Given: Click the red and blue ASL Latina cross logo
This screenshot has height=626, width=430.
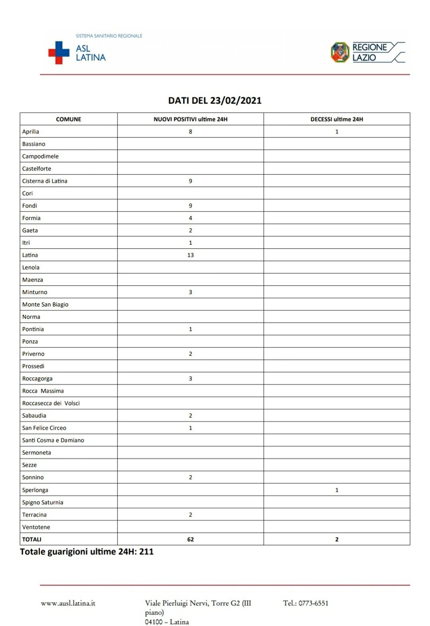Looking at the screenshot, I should [x=59, y=53].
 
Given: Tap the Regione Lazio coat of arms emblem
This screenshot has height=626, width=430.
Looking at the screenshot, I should [x=340, y=53].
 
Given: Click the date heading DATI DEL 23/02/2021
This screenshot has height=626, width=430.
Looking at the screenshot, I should [x=215, y=100].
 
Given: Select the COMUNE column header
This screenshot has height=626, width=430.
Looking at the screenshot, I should [x=69, y=119].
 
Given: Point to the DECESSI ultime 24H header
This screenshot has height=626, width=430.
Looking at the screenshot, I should [x=337, y=119].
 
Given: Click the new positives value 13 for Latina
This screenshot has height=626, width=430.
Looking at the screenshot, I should [x=190, y=255].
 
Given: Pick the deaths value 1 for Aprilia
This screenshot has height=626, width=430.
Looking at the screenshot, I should [x=337, y=132].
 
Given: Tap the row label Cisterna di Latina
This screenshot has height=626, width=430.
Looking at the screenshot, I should [x=45, y=181].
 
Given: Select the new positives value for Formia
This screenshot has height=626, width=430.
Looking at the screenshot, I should [x=190, y=218].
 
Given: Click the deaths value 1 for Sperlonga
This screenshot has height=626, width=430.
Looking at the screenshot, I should [x=337, y=490].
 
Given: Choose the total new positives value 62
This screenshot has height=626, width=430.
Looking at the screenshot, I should [x=190, y=539].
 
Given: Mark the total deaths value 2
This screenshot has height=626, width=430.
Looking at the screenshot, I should [x=337, y=539].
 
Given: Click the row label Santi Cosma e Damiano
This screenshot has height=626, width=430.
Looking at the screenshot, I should [x=53, y=440].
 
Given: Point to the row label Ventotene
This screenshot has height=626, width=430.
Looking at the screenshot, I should [x=36, y=527].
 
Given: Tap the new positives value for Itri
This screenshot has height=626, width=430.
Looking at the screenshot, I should [x=190, y=243].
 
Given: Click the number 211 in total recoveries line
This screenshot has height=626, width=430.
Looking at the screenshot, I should [x=146, y=552].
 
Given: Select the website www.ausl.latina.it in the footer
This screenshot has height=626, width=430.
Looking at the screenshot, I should [x=68, y=603].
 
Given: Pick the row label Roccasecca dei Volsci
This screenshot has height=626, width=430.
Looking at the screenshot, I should [x=51, y=403].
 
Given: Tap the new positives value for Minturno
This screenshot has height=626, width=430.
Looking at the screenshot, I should [x=190, y=292].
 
